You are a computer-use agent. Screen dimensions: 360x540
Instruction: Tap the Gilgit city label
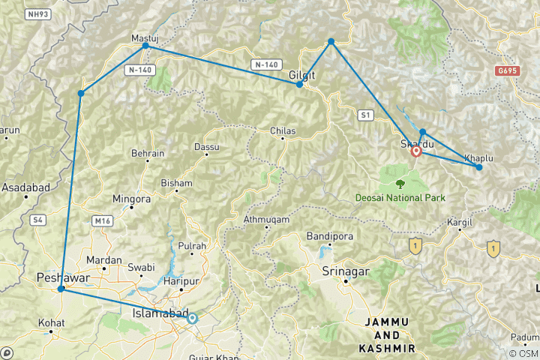pyautogui.click(x=302, y=76)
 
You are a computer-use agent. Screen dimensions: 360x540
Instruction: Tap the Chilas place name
pyautogui.click(x=283, y=131)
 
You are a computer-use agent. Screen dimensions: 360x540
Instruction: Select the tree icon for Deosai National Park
pyautogui.click(x=399, y=182)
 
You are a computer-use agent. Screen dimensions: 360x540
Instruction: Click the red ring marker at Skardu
pyautogui.click(x=416, y=151)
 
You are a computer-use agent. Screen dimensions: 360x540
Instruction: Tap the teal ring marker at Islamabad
pyautogui.click(x=192, y=318)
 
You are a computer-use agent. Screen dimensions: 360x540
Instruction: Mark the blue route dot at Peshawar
pyautogui.click(x=61, y=288)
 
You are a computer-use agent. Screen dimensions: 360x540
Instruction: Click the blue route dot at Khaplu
pyautogui.click(x=479, y=167)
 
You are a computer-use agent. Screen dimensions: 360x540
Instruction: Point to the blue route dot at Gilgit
pyautogui.click(x=299, y=84)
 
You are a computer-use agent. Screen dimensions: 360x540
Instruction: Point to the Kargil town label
pyautogui.click(x=459, y=223)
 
